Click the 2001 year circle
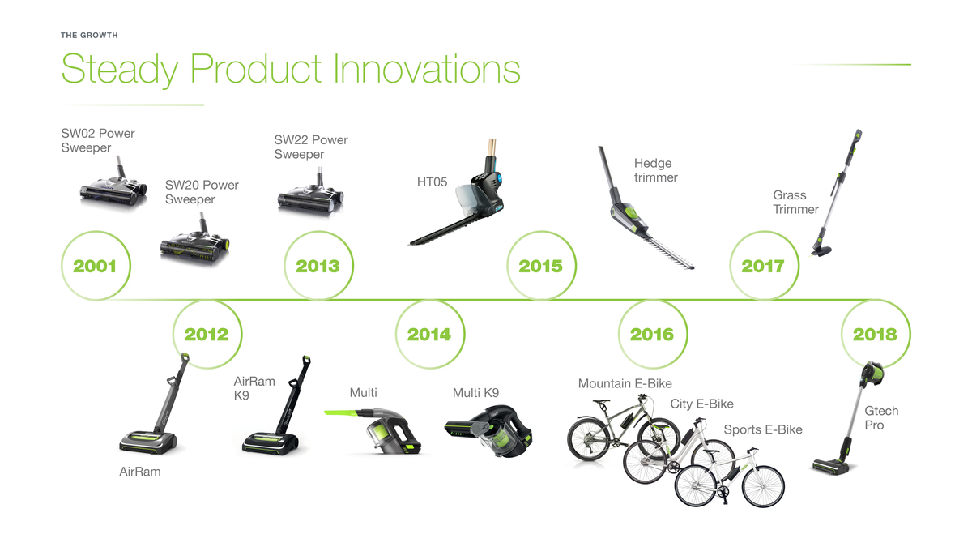pos(62,265)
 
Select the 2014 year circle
pos(396,334)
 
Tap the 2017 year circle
pos(730,265)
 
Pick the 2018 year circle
pos(842,334)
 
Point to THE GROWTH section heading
pos(89,35)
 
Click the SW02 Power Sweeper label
pos(98,140)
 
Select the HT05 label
pos(432,182)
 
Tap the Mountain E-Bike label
pos(625,383)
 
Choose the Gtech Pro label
pos(881,417)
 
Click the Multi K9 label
pos(475,393)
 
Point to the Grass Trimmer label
pos(795,202)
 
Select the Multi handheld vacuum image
pos(373,430)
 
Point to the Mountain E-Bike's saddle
pos(601,403)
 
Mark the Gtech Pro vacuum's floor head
pos(830,467)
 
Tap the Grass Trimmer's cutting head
pos(821,250)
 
